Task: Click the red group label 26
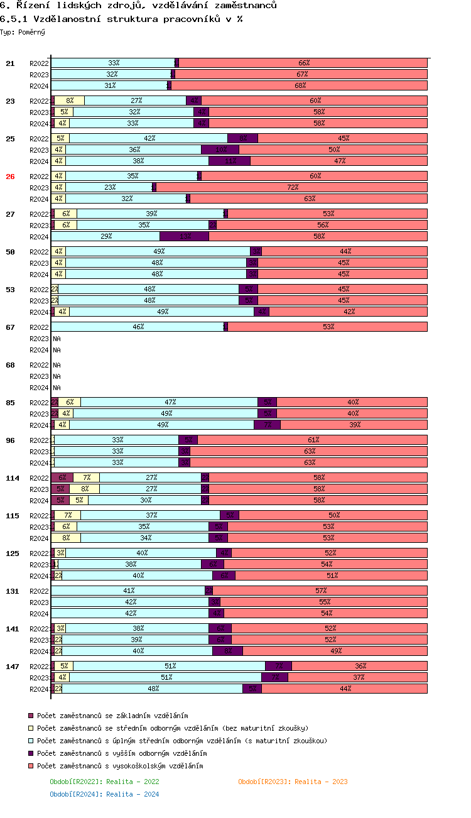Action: coord(10,177)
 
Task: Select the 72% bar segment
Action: coord(292,187)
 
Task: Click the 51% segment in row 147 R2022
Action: coord(169,666)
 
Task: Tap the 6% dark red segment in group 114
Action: coord(62,477)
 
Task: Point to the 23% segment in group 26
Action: coord(109,187)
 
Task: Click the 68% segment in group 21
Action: coord(300,85)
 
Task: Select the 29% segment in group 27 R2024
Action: coord(106,236)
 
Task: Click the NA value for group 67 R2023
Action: coord(57,339)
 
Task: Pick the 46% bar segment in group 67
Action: coord(138,327)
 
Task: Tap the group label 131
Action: coord(12,591)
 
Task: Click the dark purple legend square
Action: coord(31,753)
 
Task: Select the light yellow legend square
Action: coord(31,728)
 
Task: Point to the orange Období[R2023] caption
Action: coord(293,782)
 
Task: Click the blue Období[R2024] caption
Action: coord(104,794)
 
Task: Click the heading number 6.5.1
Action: coord(14,19)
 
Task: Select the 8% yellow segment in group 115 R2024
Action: coord(66,538)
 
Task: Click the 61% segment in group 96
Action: coord(313,440)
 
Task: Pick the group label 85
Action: coord(10,403)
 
